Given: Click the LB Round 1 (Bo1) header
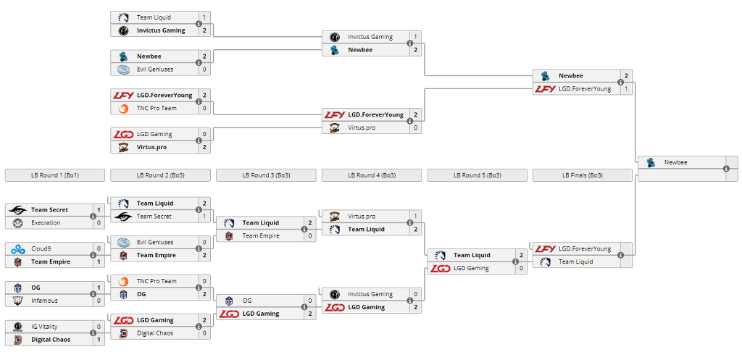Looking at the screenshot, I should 54,175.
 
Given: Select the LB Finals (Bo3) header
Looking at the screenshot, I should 582,175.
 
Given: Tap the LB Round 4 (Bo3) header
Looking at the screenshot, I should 371,175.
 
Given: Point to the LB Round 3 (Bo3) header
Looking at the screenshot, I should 265,175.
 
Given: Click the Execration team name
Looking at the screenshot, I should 46,223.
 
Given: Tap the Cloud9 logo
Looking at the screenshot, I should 18,248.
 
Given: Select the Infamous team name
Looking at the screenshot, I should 44,301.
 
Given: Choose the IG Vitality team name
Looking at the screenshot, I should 44,327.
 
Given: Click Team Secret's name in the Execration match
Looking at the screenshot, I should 49,210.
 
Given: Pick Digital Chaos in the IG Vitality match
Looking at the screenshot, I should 50,340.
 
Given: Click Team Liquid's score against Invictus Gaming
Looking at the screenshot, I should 204,17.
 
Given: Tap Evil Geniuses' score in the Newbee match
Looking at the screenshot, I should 204,70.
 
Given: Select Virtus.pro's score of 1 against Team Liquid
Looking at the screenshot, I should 415,217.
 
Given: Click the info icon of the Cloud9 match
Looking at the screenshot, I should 93,255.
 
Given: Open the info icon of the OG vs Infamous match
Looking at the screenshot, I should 93,294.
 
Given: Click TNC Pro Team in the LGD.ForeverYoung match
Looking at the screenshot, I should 157,109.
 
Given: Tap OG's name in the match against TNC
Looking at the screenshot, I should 141,294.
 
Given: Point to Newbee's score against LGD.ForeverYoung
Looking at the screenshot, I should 626,76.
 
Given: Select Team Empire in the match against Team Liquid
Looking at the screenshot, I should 261,236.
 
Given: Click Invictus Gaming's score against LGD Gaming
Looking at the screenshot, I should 415,295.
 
